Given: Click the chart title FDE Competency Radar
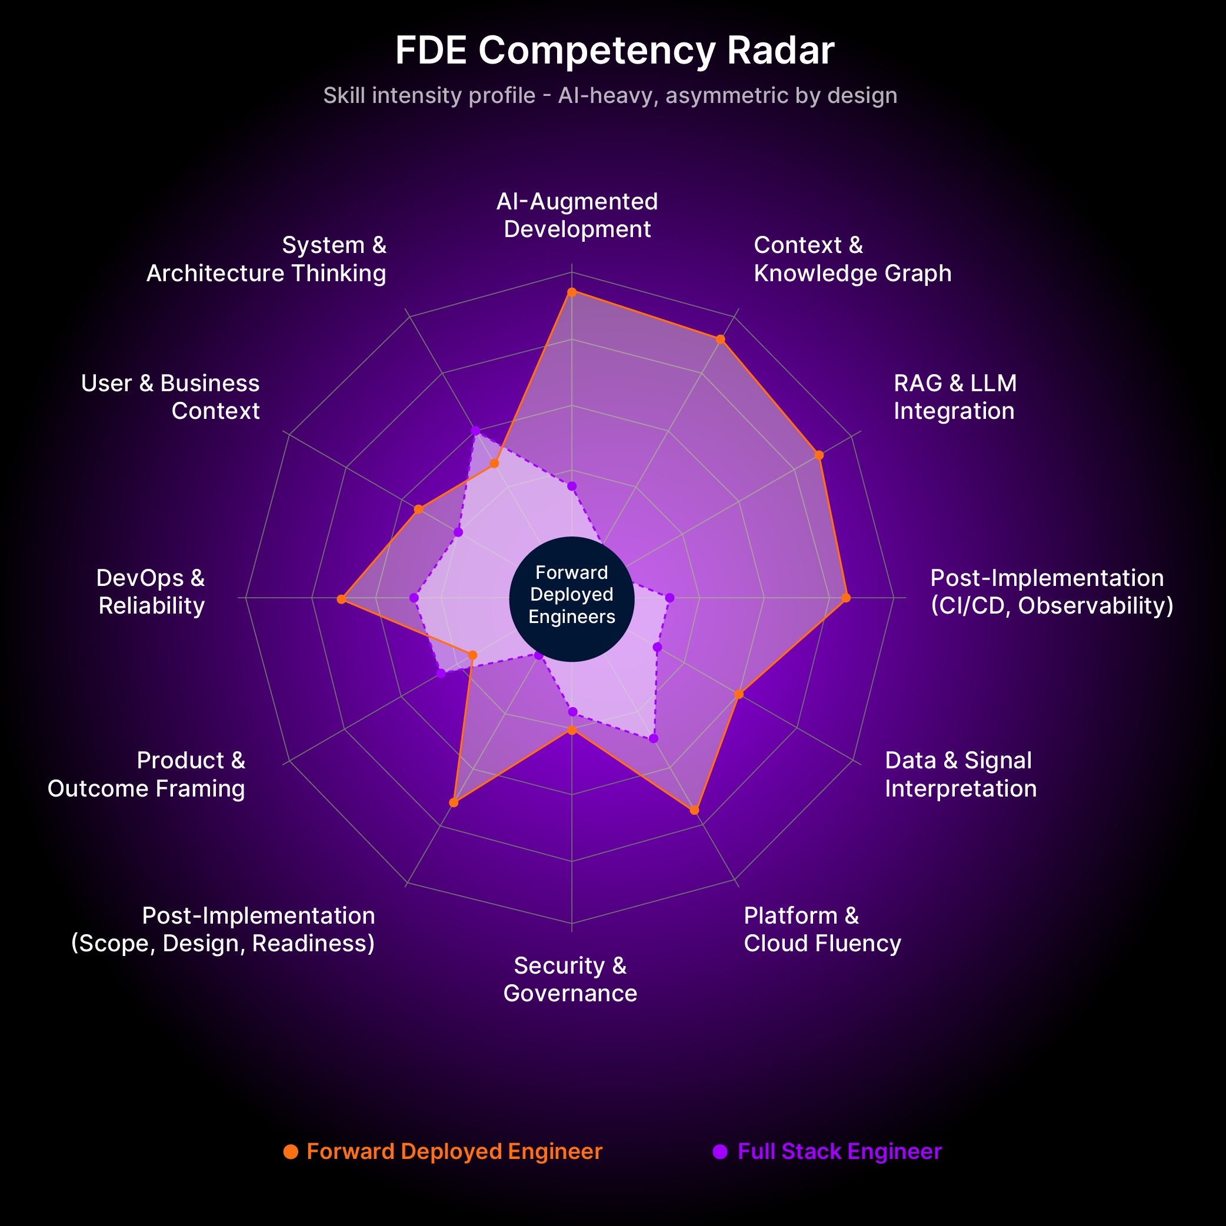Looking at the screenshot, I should point(614,50).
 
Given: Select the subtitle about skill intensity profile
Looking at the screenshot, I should point(610,95).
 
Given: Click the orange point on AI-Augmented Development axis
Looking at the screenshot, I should point(572,292).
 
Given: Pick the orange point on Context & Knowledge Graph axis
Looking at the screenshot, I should point(720,339).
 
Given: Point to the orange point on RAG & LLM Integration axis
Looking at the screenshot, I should point(818,455).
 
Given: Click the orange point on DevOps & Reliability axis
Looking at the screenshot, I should point(341,599).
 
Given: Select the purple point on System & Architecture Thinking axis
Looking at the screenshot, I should point(475,431).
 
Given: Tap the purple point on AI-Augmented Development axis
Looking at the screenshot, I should point(572,486).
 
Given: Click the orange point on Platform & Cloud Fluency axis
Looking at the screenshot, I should point(694,810).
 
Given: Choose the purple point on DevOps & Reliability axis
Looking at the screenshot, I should point(414,598).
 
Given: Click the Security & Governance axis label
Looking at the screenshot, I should point(571,979).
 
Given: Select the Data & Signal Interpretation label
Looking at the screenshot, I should point(961,774).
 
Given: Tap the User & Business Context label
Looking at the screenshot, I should point(171,397).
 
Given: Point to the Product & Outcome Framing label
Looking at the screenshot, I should point(146,774).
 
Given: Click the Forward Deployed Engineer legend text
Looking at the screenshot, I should point(454,1151).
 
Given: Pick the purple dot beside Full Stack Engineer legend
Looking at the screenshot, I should point(719,1152).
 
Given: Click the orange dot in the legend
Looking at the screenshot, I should point(291,1152).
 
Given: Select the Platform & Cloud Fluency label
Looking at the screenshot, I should point(822,929).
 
